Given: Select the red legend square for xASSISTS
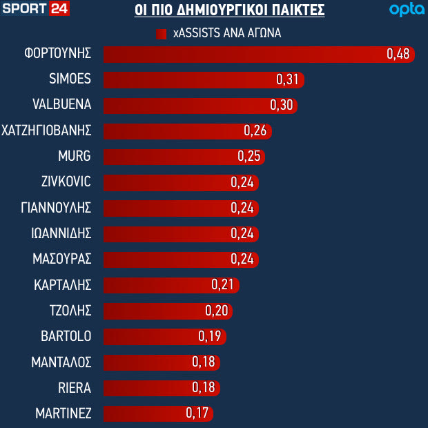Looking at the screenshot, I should [162, 33].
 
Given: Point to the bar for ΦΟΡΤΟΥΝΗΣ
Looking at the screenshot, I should [242, 55].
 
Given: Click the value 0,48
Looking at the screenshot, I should [398, 55].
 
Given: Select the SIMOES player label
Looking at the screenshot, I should [70, 79].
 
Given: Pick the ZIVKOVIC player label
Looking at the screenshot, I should [66, 182].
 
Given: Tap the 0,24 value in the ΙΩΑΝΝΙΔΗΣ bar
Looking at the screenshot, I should [243, 233].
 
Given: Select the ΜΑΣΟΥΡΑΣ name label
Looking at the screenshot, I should [62, 259].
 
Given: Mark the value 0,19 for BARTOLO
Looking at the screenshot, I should [210, 336].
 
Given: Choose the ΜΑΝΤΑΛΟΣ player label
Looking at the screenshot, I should [61, 362].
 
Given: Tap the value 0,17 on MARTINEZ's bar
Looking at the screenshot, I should [197, 414].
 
